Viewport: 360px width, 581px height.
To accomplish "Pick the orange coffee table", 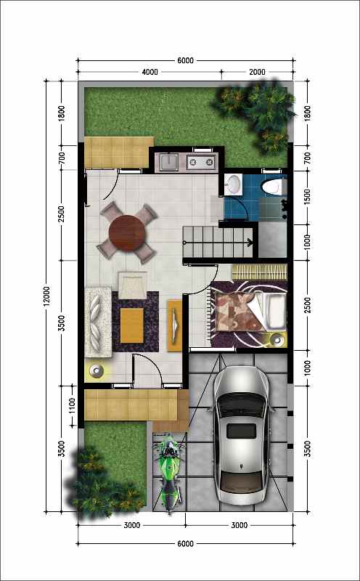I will (131, 325).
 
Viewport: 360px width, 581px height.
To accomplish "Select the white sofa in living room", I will (98, 322).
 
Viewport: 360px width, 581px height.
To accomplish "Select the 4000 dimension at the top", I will (150, 72).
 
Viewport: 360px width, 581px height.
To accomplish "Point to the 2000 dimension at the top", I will (257, 72).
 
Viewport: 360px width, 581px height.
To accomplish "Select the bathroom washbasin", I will (234, 184).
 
